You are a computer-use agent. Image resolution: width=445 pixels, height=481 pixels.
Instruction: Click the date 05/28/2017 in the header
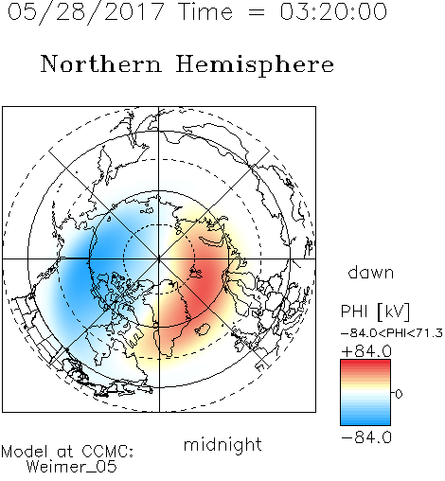click(85, 11)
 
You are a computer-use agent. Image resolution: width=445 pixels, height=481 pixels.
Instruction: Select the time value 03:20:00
click(333, 11)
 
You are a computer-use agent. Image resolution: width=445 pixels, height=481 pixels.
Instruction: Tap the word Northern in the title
click(101, 63)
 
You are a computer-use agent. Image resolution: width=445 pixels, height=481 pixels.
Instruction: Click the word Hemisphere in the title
click(255, 65)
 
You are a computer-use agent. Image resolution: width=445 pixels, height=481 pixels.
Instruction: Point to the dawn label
click(371, 273)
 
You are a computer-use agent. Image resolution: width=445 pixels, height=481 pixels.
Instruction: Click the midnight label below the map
click(222, 445)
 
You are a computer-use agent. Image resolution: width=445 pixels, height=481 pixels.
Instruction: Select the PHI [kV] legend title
click(375, 312)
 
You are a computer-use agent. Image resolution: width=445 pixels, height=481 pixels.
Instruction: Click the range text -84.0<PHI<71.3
click(392, 333)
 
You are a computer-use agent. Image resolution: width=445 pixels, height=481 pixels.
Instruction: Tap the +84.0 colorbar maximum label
click(366, 351)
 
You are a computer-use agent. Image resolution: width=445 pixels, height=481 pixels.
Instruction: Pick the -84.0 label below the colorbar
click(366, 437)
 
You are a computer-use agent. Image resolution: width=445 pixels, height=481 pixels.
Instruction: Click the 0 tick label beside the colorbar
click(399, 394)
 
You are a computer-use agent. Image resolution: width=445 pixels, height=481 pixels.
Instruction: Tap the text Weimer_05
click(71, 467)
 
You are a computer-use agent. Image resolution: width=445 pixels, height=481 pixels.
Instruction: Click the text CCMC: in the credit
click(107, 452)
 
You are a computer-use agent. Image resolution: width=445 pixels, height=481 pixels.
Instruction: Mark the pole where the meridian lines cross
click(159, 259)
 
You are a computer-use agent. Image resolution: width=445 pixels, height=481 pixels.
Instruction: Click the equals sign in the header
click(257, 12)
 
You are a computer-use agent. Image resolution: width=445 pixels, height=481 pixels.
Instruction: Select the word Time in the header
click(205, 11)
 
